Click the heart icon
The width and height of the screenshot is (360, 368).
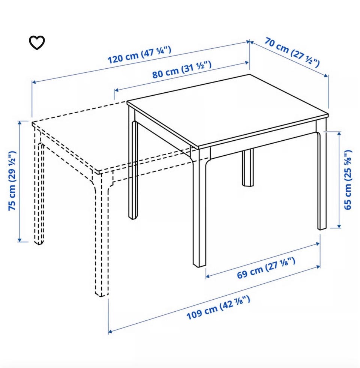(37, 42)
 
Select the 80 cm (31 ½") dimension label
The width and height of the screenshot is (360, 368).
(182, 70)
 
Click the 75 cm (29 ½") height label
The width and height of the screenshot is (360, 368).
(12, 181)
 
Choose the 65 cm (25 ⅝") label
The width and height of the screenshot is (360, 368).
(348, 180)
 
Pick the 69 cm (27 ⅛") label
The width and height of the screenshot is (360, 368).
(266, 268)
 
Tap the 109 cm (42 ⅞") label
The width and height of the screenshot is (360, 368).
(218, 308)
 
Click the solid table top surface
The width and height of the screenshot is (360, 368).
(228, 110)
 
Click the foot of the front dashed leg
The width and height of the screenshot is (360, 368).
(102, 294)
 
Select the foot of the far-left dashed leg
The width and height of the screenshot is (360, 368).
(39, 242)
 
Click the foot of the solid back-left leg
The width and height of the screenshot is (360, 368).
(133, 217)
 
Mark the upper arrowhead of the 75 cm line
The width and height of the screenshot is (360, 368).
(20, 123)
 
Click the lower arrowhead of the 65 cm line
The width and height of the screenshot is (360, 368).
(339, 225)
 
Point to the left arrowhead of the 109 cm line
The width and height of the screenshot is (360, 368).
(111, 332)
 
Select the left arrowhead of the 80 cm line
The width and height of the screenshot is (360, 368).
(117, 90)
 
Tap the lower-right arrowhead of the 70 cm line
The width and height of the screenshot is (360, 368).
(326, 75)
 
